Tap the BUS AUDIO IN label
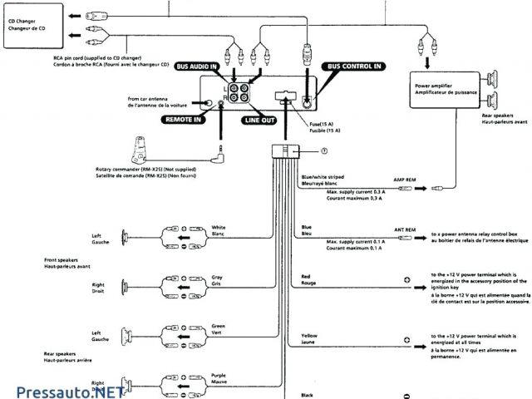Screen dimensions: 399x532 [x=192, y=66]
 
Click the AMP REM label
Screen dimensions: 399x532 [x=406, y=180]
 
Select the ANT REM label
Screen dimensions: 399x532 [x=406, y=229]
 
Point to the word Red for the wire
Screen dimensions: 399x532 [x=306, y=276]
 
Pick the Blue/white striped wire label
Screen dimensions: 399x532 [x=323, y=177]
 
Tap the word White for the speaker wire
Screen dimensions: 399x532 [x=219, y=227]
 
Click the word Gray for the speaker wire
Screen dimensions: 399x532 [x=217, y=276]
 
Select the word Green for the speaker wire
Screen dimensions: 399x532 [x=219, y=325]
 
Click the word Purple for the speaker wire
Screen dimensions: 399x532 [x=219, y=375]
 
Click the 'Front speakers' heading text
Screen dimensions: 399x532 [x=62, y=259]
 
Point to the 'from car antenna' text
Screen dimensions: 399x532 [x=151, y=97]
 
